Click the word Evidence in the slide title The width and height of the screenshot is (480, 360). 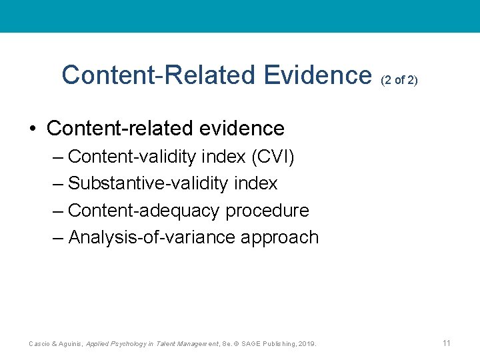(x=317, y=75)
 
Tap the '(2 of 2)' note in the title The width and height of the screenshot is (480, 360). (x=399, y=80)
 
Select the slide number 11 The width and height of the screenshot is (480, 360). (x=447, y=343)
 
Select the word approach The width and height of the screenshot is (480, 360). (x=282, y=237)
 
